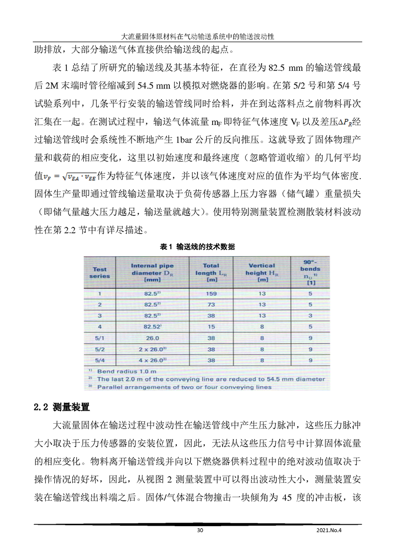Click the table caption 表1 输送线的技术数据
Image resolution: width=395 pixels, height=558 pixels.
click(197, 247)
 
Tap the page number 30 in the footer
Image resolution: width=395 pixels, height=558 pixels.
click(200, 530)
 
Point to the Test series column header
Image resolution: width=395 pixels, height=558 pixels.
click(100, 273)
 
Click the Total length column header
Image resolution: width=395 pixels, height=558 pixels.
click(211, 273)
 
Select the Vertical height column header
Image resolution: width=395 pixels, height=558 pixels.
click(262, 273)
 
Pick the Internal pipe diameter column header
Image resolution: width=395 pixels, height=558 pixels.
click(152, 273)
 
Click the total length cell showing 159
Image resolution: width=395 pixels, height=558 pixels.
click(211, 294)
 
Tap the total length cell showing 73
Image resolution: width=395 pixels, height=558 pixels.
click(211, 304)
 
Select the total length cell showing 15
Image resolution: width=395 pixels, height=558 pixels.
click(211, 327)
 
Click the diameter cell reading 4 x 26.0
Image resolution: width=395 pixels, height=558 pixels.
click(152, 360)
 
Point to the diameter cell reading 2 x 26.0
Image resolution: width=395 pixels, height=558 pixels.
click(152, 349)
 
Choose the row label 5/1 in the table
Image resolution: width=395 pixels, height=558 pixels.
click(100, 338)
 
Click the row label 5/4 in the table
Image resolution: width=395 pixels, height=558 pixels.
click(100, 360)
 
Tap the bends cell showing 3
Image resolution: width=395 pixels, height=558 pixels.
click(310, 316)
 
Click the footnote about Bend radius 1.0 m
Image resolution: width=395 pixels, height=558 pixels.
click(125, 372)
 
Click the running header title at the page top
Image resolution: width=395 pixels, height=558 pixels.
click(197, 37)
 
